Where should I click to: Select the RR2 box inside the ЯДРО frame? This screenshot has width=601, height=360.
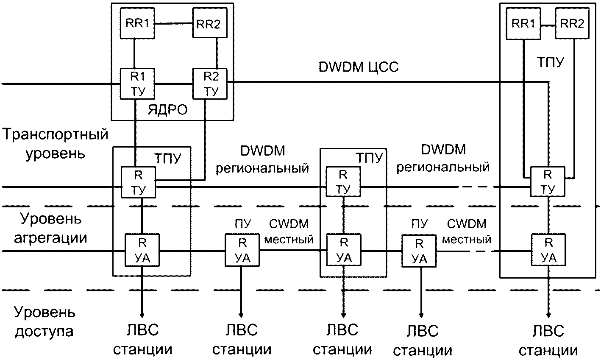tap(209, 24)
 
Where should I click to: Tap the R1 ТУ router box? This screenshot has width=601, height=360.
tap(137, 84)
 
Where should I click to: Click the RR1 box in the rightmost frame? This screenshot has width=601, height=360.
tap(524, 24)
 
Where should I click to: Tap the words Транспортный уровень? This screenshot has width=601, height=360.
tap(55, 143)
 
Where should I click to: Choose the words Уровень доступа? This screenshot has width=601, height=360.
tap(45, 322)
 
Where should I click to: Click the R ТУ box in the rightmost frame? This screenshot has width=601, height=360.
tap(548, 181)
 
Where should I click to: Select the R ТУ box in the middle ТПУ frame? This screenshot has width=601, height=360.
tap(343, 181)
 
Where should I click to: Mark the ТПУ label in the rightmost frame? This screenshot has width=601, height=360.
tap(548, 63)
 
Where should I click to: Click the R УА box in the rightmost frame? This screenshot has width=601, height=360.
tap(548, 250)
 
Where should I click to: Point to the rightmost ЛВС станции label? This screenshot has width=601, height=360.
tap(548, 340)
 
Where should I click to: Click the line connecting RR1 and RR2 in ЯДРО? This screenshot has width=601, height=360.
tap(173, 24)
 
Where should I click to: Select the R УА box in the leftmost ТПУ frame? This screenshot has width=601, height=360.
tap(142, 250)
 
